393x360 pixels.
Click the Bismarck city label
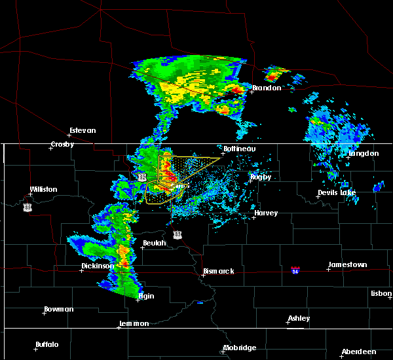pos(219,271)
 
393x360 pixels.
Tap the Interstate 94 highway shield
pos(295,269)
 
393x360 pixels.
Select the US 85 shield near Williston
pos(27,207)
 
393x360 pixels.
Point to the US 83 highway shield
pos(178,234)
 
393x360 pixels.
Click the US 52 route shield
pos(142,177)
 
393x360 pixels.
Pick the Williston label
pos(43,190)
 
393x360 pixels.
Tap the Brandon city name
pos(267,88)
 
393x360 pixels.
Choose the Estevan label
pos(83,130)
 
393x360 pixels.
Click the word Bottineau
pos(239,149)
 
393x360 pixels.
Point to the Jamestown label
pos(347,264)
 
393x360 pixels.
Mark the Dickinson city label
pos(98,266)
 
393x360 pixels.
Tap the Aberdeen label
pos(362,351)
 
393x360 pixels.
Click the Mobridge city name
pos(239,348)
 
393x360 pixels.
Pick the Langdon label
pos(364,154)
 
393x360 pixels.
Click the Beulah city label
pos(155,243)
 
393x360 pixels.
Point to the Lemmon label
pos(134,323)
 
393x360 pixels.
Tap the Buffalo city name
pos(47,344)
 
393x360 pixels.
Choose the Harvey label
pos(266,213)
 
